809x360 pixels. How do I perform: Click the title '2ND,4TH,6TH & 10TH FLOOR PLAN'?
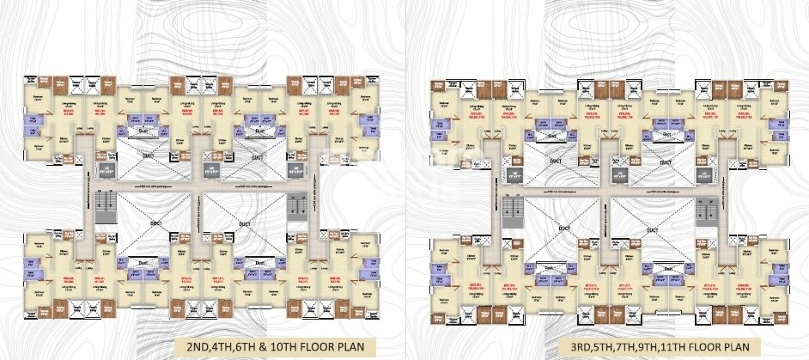click(277, 346)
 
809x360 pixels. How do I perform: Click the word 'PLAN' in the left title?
click(362, 346)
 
